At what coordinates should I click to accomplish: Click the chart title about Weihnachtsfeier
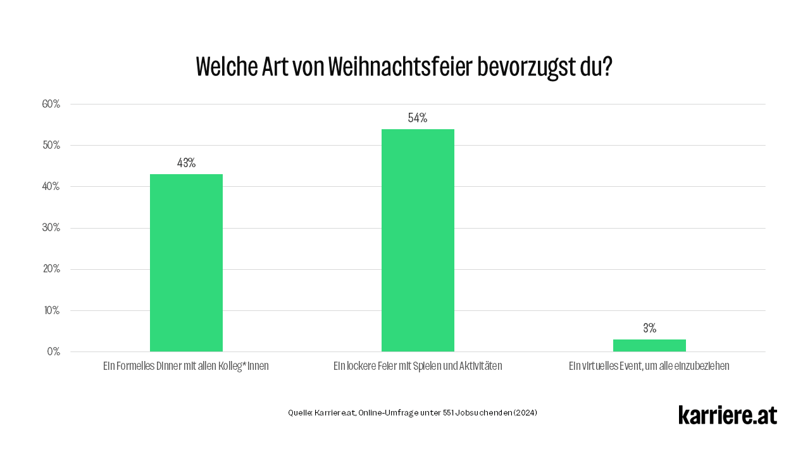404,66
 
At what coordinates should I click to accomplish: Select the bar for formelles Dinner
186,263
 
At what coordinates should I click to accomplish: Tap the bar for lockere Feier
418,241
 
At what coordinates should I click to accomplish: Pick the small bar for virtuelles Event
649,345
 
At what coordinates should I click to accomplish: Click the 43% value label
186,163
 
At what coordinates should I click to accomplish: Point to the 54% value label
418,118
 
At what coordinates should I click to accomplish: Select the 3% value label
649,328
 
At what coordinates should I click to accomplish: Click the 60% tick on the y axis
51,104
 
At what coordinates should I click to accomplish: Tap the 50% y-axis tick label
51,145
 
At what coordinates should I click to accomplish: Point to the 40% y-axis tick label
51,186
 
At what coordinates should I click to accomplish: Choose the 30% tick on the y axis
51,228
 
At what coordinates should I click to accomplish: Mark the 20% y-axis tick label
51,269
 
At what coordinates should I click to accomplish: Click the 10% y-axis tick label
51,310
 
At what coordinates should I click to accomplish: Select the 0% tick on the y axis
53,351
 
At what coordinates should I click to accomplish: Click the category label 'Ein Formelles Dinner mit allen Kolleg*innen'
186,366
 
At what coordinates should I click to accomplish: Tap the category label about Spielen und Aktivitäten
418,366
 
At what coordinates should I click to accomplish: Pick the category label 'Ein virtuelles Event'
649,366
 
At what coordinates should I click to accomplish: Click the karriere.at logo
727,415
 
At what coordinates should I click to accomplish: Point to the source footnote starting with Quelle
413,413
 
